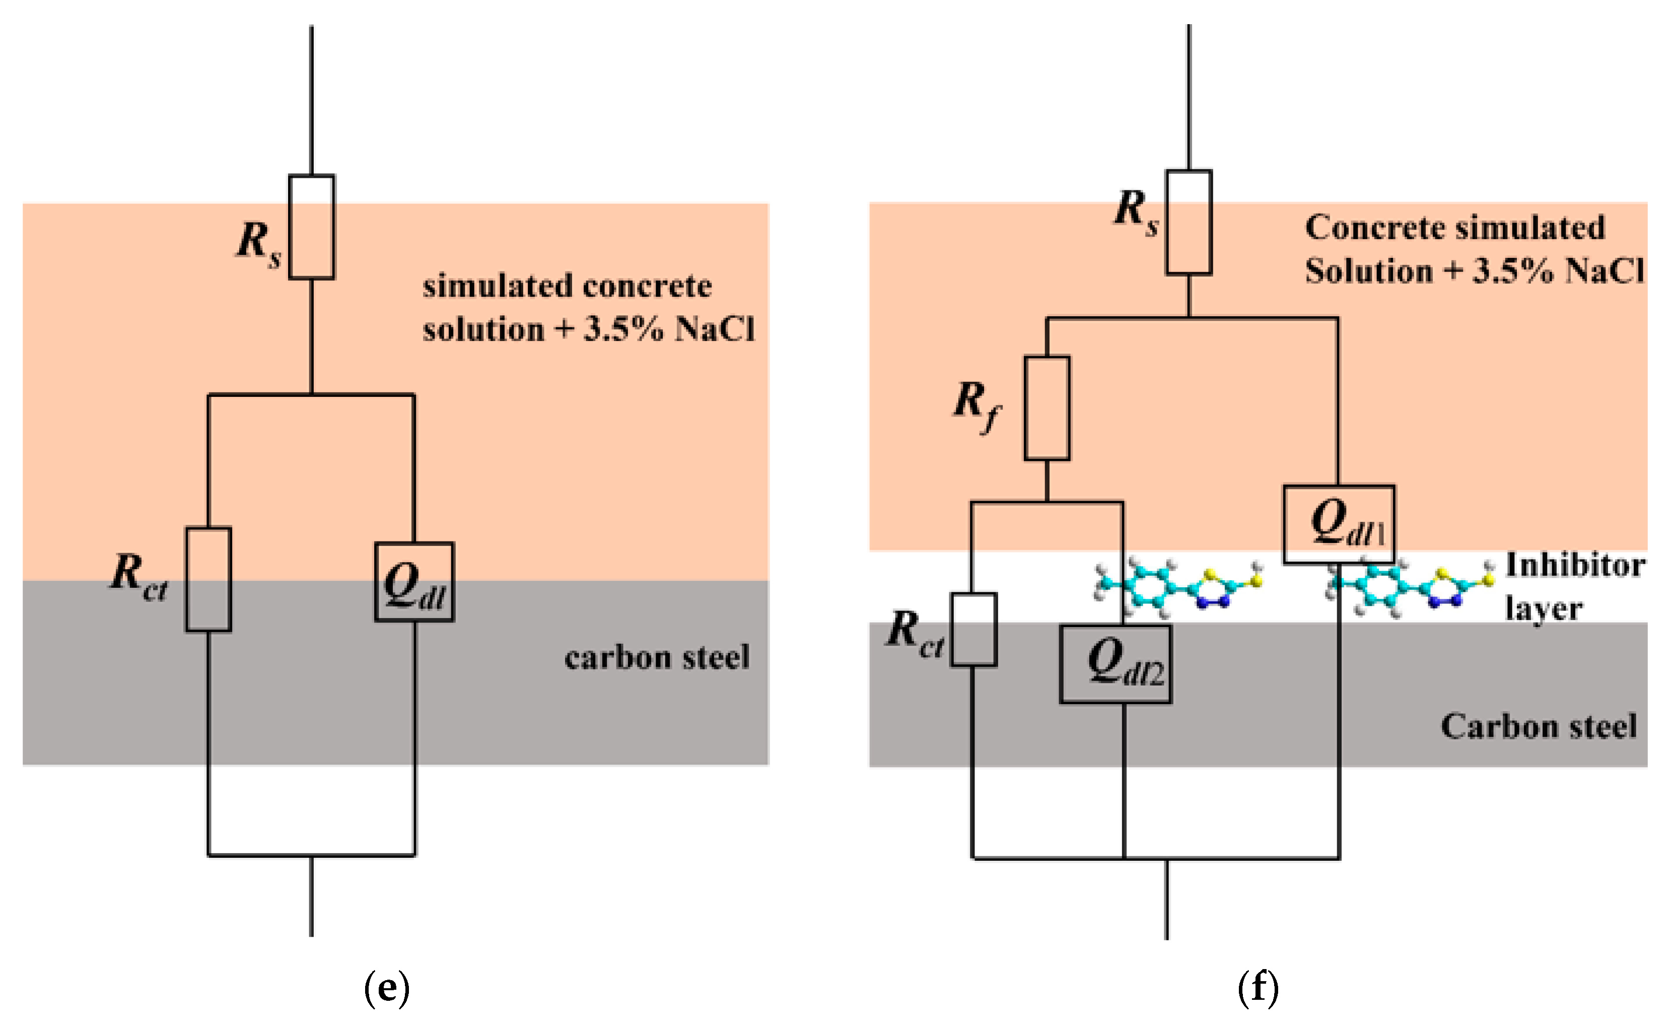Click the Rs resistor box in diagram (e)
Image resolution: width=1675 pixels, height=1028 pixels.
[311, 227]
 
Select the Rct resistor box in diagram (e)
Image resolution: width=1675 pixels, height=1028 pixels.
[208, 579]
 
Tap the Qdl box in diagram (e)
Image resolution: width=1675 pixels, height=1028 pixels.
[414, 582]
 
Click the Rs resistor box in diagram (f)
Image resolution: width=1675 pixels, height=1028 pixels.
[1189, 222]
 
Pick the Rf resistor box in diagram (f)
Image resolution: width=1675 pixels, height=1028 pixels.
[1047, 408]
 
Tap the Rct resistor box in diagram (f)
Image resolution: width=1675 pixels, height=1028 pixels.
[973, 630]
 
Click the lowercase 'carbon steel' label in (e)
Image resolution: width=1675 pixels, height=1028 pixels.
[657, 657]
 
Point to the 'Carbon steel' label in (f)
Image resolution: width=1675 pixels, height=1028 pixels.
[1539, 726]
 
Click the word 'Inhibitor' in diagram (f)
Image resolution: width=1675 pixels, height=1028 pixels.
[1575, 566]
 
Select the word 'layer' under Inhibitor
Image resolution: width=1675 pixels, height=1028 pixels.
[1543, 608]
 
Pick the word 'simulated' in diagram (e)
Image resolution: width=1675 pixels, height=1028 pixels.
[497, 286]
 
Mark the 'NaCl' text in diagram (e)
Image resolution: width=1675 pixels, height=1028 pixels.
[715, 330]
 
